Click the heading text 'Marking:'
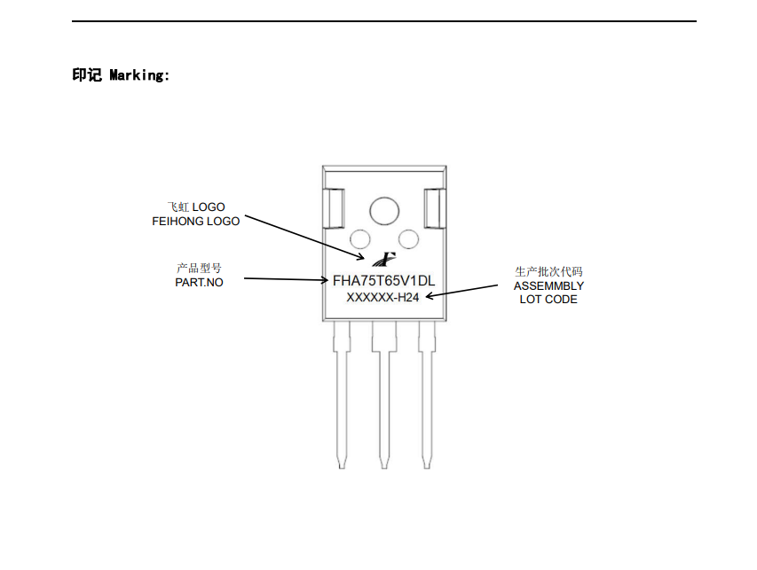(139, 75)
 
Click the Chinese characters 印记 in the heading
(87, 75)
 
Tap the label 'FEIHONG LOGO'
(195, 221)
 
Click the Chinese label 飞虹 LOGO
(196, 207)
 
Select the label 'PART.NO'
(199, 282)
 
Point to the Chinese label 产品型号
(199, 268)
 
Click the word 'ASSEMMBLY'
(548, 285)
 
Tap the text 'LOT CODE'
(548, 299)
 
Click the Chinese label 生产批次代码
(548, 271)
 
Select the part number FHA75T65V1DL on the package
(383, 280)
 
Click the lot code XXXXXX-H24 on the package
(382, 298)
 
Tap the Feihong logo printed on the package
(384, 259)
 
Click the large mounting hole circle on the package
(384, 210)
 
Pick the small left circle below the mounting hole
(360, 238)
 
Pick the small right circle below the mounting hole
(408, 238)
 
